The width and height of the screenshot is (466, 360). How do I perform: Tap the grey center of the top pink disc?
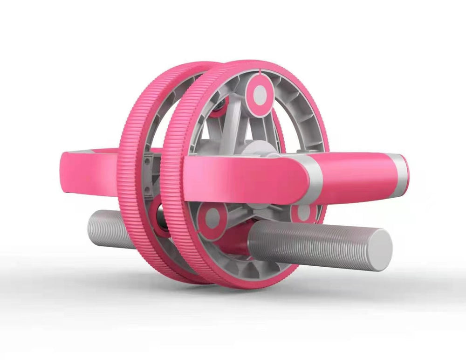(x=260, y=95)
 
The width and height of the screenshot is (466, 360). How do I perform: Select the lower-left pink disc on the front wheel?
(x=212, y=219)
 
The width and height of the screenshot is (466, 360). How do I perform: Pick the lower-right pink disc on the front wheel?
(x=304, y=213)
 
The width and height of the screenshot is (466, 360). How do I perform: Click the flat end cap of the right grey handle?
(x=379, y=249)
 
